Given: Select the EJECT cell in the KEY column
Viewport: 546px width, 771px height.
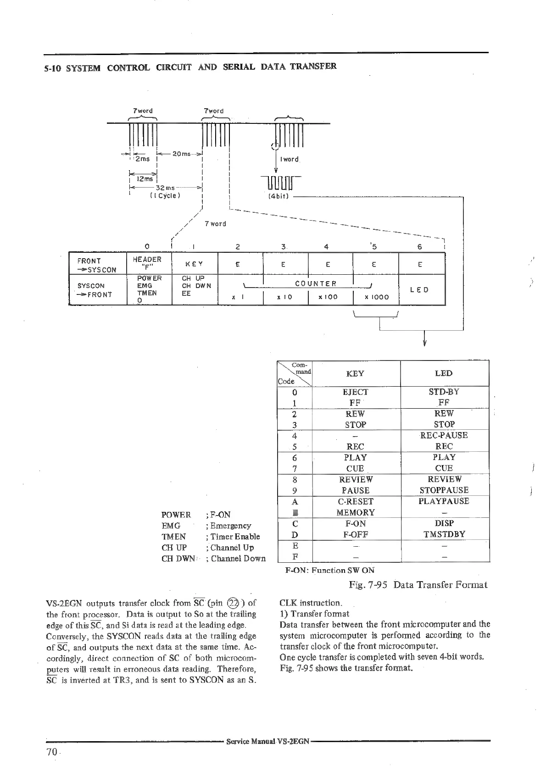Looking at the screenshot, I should [x=355, y=392].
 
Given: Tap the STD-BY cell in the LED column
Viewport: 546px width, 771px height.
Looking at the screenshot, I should [x=444, y=392].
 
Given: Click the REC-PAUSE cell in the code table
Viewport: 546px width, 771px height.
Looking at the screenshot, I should [x=444, y=435].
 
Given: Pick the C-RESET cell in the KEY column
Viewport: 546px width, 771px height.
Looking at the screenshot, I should [x=355, y=501].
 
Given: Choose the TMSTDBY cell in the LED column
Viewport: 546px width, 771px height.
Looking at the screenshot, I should [x=444, y=534].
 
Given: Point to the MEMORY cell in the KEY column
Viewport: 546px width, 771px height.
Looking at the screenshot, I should [x=355, y=512].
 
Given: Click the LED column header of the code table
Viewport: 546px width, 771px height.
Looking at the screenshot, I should [x=444, y=373].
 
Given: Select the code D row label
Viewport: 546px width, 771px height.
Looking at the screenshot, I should [x=295, y=535].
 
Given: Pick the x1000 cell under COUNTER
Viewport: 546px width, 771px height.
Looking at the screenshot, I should [x=376, y=297].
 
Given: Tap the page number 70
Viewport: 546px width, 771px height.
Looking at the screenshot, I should [x=51, y=752].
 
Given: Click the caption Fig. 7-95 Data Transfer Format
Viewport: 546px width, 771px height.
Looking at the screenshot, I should [x=418, y=585].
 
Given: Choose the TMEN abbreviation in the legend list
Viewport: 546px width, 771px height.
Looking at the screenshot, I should [x=173, y=537].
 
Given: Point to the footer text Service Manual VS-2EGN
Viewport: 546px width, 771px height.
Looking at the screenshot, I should [x=268, y=741].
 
